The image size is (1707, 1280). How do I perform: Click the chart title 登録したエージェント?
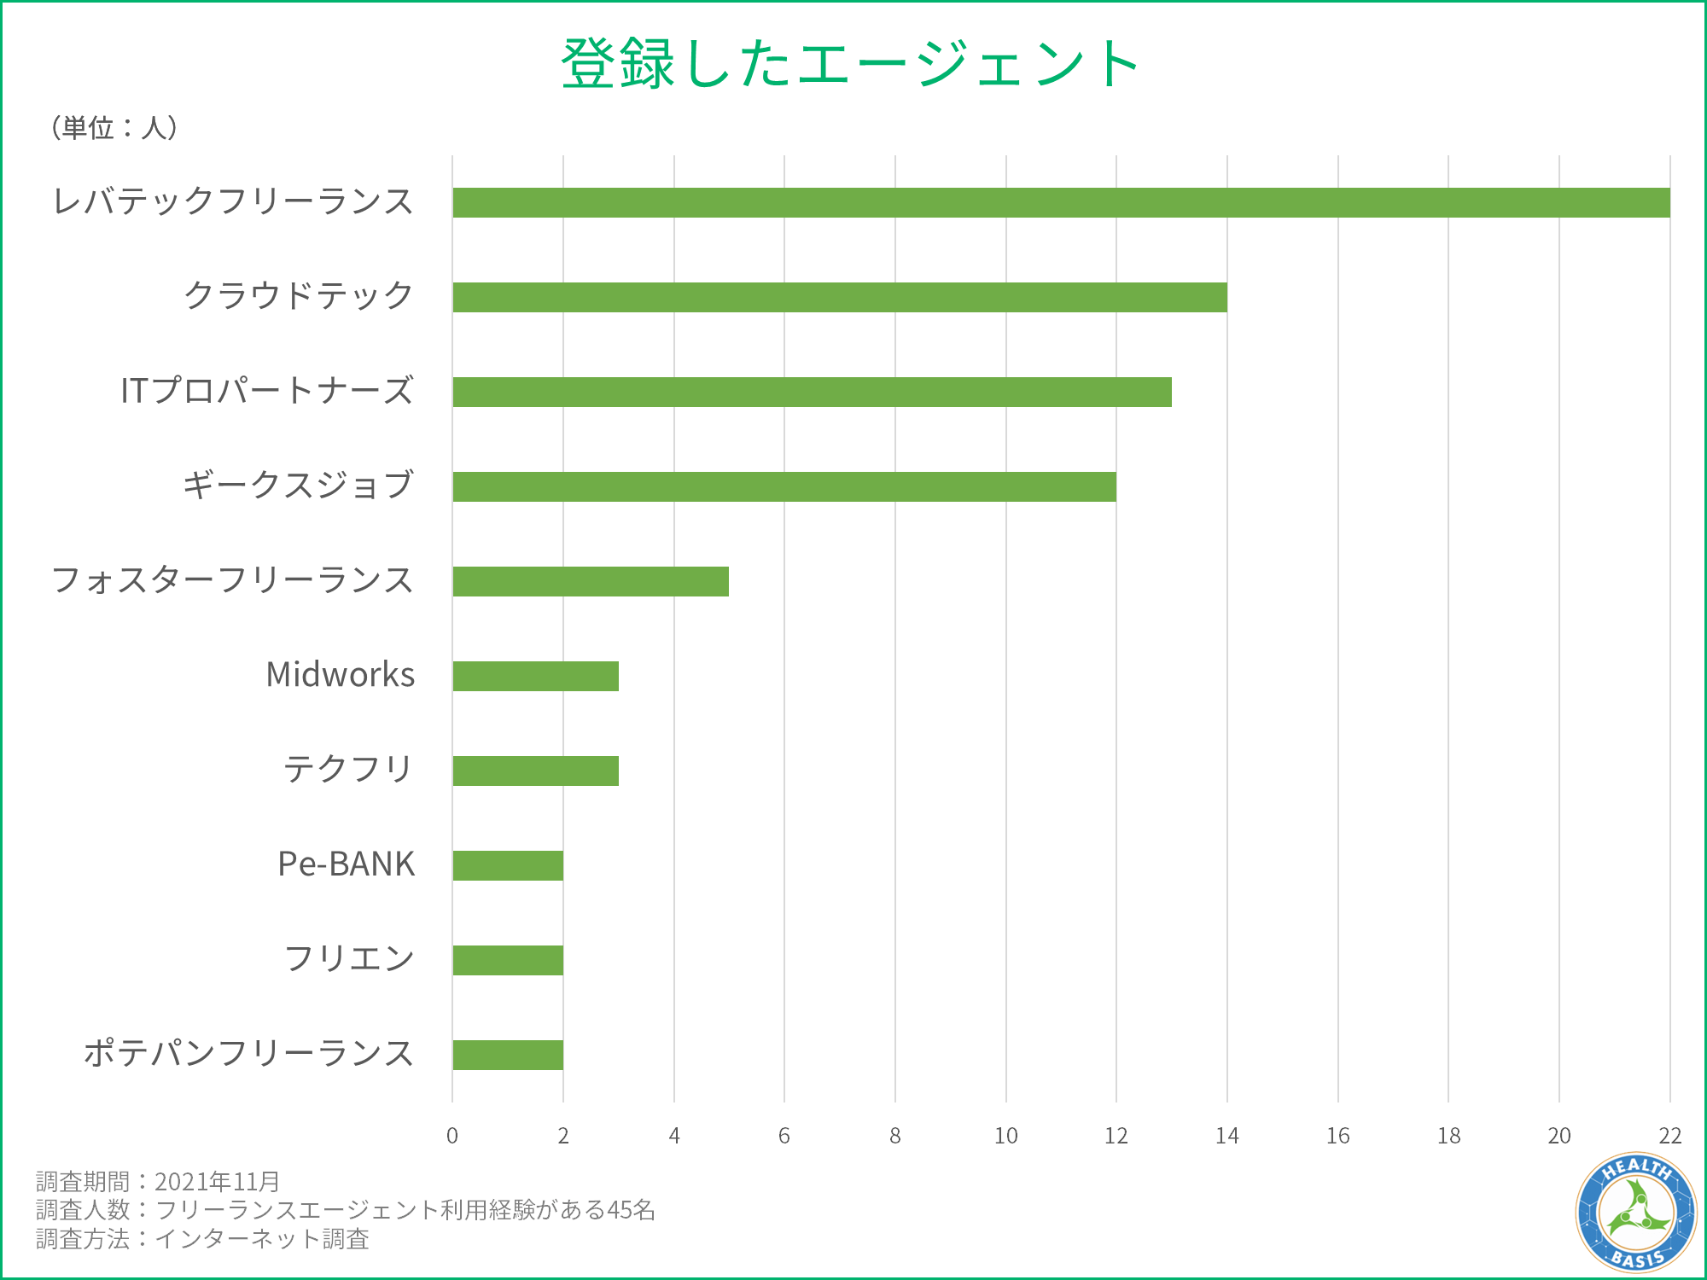tap(850, 64)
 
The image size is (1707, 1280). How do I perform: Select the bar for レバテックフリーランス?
tap(1061, 203)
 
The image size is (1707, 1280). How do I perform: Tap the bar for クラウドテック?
tap(840, 297)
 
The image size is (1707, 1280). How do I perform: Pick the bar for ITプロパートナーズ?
tap(812, 392)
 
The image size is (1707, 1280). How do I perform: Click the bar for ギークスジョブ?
tap(784, 486)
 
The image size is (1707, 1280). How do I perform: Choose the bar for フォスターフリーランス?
tap(591, 581)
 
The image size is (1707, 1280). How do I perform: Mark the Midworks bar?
tap(535, 676)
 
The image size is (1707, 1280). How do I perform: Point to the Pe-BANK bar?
tap(508, 865)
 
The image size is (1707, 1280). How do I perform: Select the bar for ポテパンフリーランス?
tap(508, 1055)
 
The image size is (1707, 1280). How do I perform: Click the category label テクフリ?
tap(348, 770)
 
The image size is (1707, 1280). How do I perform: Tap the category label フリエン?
tap(348, 958)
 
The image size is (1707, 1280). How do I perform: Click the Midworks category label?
tap(340, 675)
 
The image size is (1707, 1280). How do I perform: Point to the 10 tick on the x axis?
tap(1005, 1136)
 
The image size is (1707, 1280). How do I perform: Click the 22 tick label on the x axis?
tap(1669, 1136)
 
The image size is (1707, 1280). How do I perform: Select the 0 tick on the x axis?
tap(452, 1136)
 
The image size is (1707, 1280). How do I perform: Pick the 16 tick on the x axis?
tap(1337, 1136)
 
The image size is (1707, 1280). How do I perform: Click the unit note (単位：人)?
tap(114, 128)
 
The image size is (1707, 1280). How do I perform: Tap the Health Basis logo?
tap(1635, 1212)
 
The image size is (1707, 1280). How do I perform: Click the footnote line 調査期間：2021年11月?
tap(158, 1182)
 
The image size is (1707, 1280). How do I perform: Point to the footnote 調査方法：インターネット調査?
tap(202, 1239)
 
